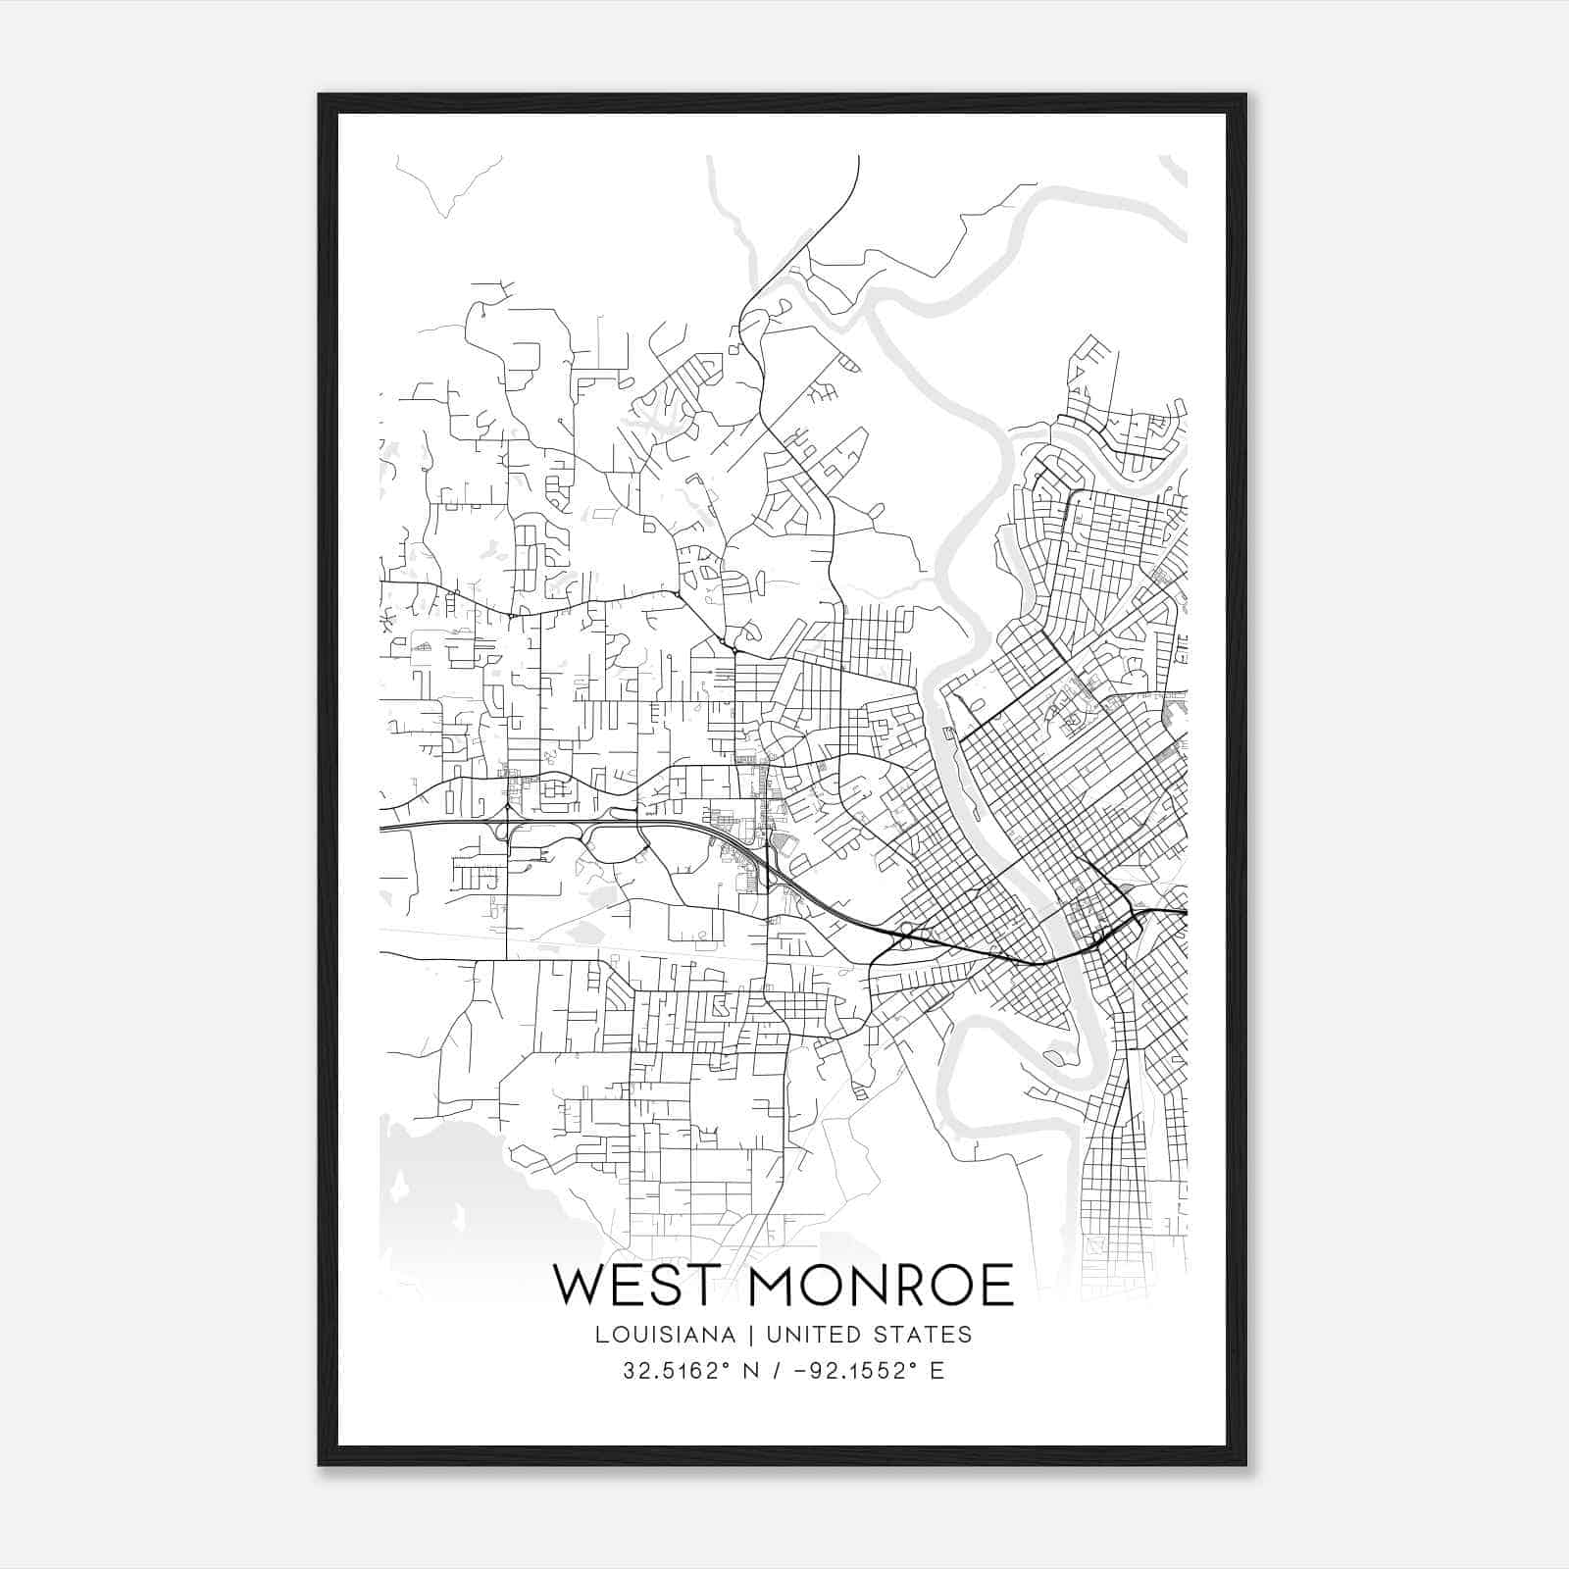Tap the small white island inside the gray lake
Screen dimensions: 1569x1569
398,1189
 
